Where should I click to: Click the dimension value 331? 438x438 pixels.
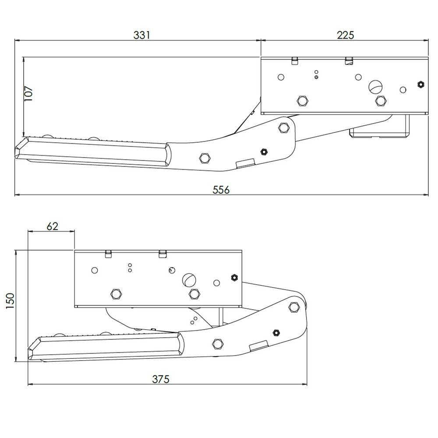click(141, 35)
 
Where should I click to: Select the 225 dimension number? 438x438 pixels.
click(345, 35)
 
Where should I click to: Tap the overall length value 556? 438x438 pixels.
click(221, 189)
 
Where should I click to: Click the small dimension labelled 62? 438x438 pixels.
click(52, 226)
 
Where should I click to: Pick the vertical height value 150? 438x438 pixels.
click(10, 302)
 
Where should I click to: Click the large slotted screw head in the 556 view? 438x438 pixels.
click(375, 86)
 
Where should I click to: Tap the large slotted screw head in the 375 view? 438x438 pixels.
click(189, 279)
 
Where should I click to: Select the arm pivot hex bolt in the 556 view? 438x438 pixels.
click(284, 128)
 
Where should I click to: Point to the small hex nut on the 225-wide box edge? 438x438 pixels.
click(420, 84)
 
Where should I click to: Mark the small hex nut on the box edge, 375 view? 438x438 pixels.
click(234, 277)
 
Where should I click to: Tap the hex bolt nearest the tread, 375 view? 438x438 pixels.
click(217, 343)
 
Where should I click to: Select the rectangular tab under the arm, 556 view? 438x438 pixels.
click(244, 163)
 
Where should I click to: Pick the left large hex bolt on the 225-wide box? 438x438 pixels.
click(301, 101)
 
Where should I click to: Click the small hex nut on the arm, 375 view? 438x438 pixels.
click(276, 332)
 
